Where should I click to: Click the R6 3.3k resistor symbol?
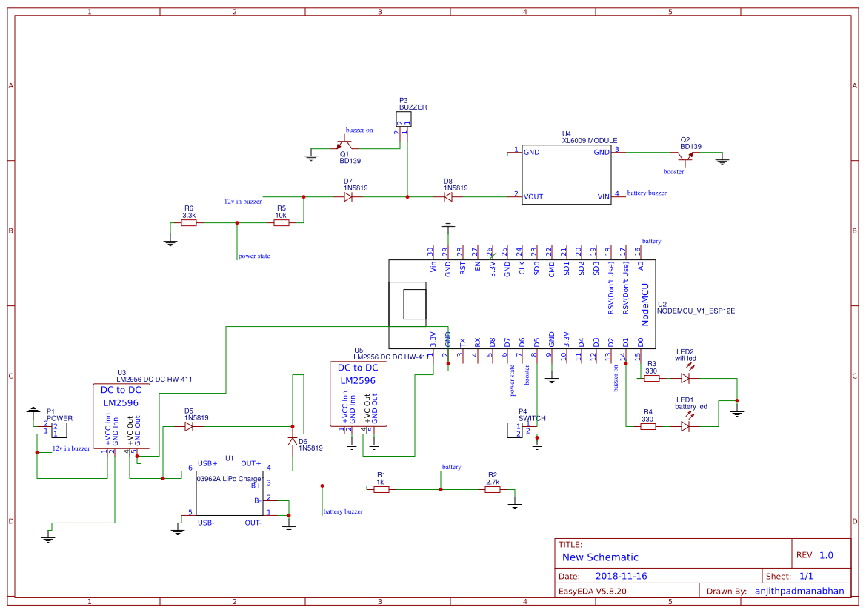pyautogui.click(x=189, y=222)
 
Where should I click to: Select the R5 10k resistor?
pyautogui.click(x=281, y=222)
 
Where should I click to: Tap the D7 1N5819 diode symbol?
pyautogui.click(x=348, y=197)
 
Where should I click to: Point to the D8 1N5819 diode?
pyautogui.click(x=448, y=197)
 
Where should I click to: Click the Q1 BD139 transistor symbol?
pyautogui.click(x=344, y=145)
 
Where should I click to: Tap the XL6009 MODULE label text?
pyautogui.click(x=589, y=140)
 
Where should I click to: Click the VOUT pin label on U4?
pyautogui.click(x=533, y=196)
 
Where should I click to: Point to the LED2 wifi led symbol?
pyautogui.click(x=685, y=378)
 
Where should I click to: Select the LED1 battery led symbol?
pyautogui.click(x=685, y=426)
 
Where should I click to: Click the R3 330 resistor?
pyautogui.click(x=651, y=378)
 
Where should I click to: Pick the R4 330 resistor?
pyautogui.click(x=647, y=426)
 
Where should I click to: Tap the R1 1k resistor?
pyautogui.click(x=381, y=489)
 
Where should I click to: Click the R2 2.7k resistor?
pyautogui.click(x=493, y=489)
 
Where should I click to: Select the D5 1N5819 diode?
pyautogui.click(x=188, y=427)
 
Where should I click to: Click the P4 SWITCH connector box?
pyautogui.click(x=514, y=430)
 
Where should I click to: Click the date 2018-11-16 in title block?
pyautogui.click(x=621, y=576)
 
